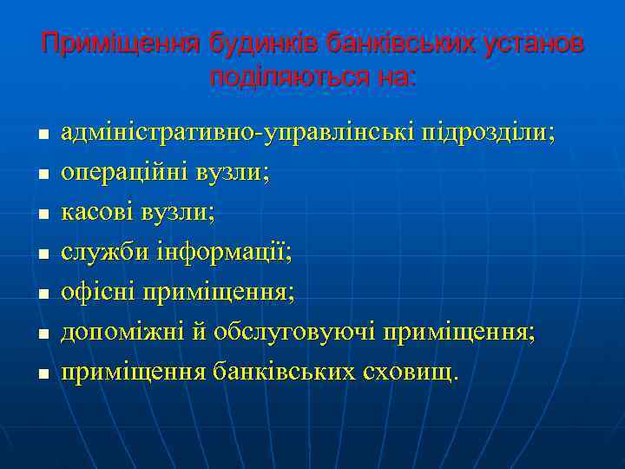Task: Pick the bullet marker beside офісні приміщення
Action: (42, 295)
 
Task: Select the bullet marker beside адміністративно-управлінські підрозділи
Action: (42, 137)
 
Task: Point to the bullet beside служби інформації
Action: (42, 255)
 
